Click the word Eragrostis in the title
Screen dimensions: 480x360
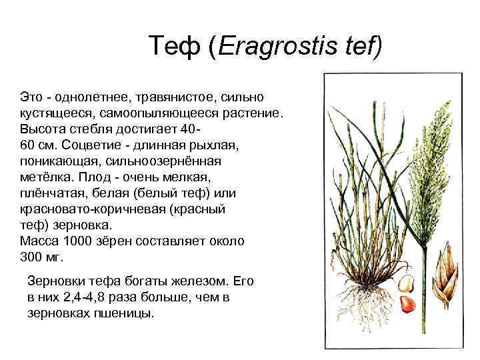(x=277, y=46)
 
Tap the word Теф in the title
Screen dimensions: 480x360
(x=175, y=46)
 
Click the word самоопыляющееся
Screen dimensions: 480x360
(x=159, y=113)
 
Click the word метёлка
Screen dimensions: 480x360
(x=47, y=177)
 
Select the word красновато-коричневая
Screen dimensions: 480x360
(x=93, y=209)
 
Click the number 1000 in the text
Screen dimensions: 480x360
(x=77, y=241)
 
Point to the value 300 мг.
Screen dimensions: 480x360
(x=41, y=257)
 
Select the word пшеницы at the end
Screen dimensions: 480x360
(x=124, y=314)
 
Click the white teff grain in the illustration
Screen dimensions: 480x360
(x=406, y=283)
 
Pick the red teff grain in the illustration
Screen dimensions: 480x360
(x=408, y=304)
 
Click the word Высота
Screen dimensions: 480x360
(x=42, y=129)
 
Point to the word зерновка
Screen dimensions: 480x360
(x=83, y=225)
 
